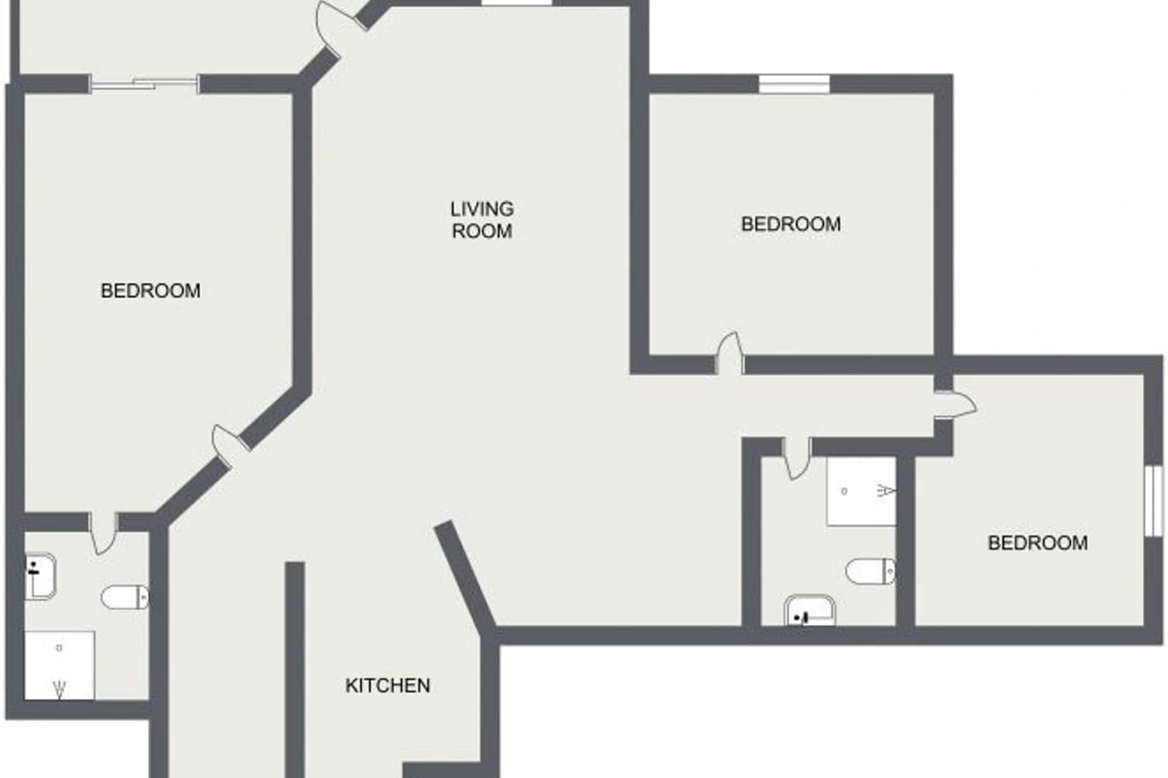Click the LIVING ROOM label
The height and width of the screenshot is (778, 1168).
tap(482, 220)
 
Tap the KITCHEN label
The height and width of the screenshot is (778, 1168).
tap(388, 685)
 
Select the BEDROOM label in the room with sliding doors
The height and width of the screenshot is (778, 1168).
tap(150, 290)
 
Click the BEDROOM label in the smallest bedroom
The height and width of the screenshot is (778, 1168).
tap(1037, 542)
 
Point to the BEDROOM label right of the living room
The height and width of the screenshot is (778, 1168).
tap(791, 223)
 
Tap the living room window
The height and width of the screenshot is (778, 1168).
tap(516, 3)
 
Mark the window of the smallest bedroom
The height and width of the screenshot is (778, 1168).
tap(1153, 501)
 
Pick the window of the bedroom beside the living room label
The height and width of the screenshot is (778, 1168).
tap(794, 84)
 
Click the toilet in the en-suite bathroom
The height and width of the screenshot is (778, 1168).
tap(124, 597)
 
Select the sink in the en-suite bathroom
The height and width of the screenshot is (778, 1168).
tap(40, 576)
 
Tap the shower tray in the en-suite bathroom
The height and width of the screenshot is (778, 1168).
tap(60, 664)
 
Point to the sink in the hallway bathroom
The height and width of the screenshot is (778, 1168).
tap(810, 611)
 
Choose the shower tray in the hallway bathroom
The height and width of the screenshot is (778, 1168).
tap(861, 490)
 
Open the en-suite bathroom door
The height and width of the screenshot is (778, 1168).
tap(102, 532)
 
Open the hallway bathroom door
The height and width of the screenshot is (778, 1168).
tap(796, 458)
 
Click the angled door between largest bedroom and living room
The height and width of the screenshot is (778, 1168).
tap(226, 446)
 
